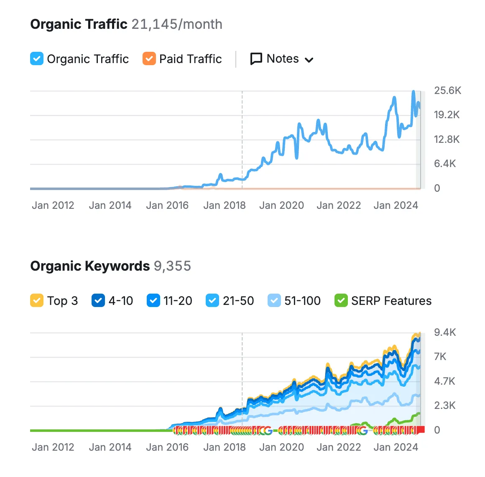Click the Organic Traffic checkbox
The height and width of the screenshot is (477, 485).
[37, 59]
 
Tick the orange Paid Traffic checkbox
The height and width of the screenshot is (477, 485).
[149, 59]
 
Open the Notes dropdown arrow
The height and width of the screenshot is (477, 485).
[309, 60]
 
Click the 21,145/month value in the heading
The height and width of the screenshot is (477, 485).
[177, 24]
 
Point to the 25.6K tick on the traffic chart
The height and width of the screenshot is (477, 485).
[447, 91]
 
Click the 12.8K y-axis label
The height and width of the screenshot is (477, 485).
[447, 140]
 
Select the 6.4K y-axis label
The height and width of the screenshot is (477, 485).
[445, 164]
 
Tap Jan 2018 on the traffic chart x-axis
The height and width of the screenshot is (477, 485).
[225, 206]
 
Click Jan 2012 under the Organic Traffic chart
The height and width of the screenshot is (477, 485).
[53, 206]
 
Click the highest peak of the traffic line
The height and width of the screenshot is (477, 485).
[414, 91]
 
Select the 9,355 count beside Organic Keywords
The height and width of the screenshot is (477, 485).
[172, 266]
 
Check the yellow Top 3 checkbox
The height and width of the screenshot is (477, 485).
[37, 301]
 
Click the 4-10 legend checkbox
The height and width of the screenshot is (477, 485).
[98, 301]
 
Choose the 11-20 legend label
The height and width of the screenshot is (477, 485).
[178, 301]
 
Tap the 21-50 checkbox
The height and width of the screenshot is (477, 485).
[212, 301]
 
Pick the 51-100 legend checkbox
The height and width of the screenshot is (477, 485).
[274, 301]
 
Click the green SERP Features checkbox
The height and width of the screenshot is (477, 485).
[341, 301]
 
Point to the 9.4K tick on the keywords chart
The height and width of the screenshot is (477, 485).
[445, 332]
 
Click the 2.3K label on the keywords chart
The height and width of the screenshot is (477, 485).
[445, 406]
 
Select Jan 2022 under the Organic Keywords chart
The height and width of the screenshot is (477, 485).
[339, 447]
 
